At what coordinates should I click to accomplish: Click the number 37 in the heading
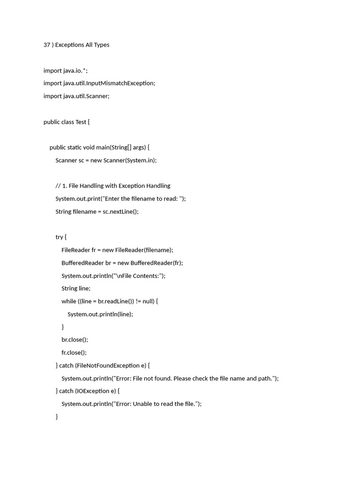[x=47, y=45]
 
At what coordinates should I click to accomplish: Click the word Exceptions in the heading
[x=69, y=45]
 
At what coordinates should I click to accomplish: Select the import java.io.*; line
[x=65, y=71]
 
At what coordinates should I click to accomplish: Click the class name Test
[x=81, y=122]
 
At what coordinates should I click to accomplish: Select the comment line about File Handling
[x=112, y=186]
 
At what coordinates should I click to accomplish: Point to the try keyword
[x=59, y=237]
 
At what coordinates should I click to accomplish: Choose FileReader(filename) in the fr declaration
[x=144, y=250]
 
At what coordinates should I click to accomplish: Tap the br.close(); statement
[x=75, y=340]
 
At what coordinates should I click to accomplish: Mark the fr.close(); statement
[x=74, y=352]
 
